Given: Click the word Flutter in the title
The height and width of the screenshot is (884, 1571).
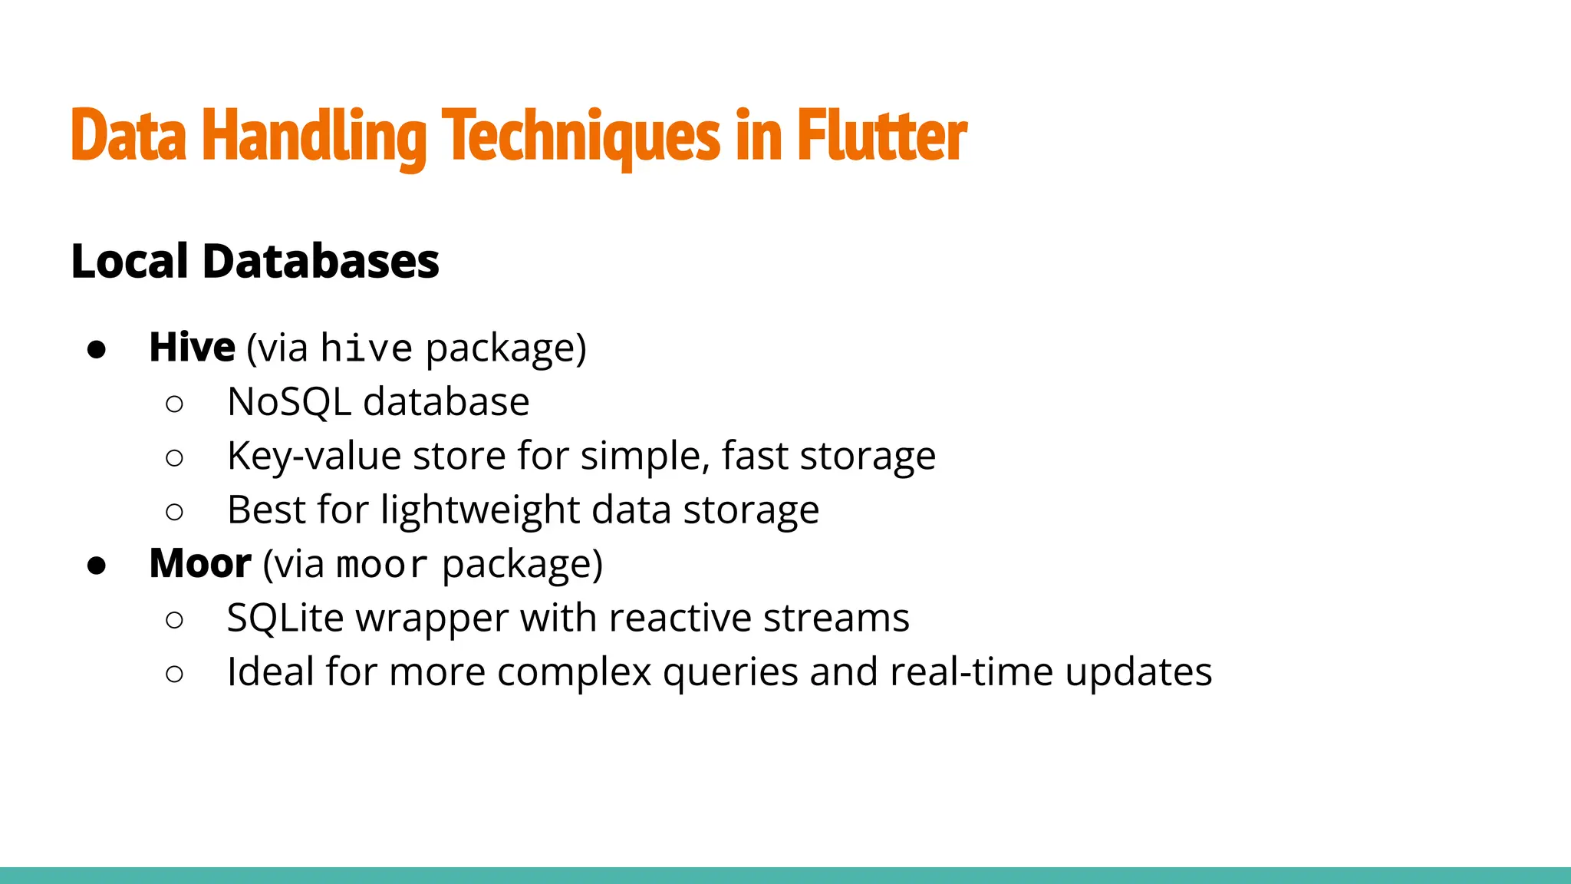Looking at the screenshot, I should click(x=881, y=136).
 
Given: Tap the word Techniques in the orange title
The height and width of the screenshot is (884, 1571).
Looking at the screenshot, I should click(x=581, y=136).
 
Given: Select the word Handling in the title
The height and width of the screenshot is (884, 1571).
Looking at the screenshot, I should click(x=314, y=136).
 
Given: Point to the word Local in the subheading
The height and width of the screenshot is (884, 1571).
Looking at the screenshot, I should click(x=130, y=261).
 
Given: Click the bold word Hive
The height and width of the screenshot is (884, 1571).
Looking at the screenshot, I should click(x=192, y=348).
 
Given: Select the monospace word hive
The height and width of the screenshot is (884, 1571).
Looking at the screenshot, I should click(x=367, y=349).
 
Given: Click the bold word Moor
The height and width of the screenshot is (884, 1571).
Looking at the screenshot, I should click(x=200, y=564).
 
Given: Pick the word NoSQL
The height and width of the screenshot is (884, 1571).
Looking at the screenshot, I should click(x=289, y=402).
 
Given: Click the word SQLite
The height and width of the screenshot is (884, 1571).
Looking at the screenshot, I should click(x=285, y=618).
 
